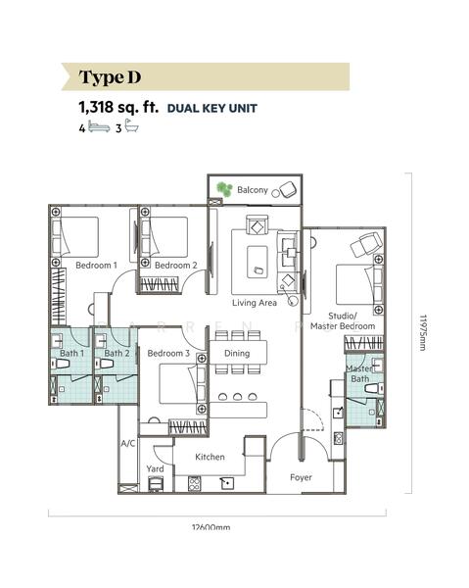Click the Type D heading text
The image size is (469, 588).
point(110,77)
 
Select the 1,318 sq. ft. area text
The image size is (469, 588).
point(118,107)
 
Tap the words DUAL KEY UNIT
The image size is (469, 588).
point(212,109)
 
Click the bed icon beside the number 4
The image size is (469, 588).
point(99,126)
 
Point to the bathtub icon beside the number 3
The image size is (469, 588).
point(131,125)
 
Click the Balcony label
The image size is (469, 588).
point(252,190)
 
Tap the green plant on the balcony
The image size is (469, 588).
point(224,189)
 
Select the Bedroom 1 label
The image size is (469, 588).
point(96,266)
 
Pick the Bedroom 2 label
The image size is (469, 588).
point(175,266)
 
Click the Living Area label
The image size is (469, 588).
point(255,303)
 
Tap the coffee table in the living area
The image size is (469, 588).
point(257,262)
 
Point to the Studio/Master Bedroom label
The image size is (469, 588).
point(343,321)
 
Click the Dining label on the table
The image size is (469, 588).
point(237,353)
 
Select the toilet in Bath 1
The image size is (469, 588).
point(60,364)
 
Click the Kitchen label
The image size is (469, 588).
point(210,457)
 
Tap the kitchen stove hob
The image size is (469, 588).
point(194,483)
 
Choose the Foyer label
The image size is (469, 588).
point(301,477)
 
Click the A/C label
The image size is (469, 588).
point(127,444)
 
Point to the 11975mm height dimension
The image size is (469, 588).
point(423,332)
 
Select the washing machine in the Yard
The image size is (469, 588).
point(156,483)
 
